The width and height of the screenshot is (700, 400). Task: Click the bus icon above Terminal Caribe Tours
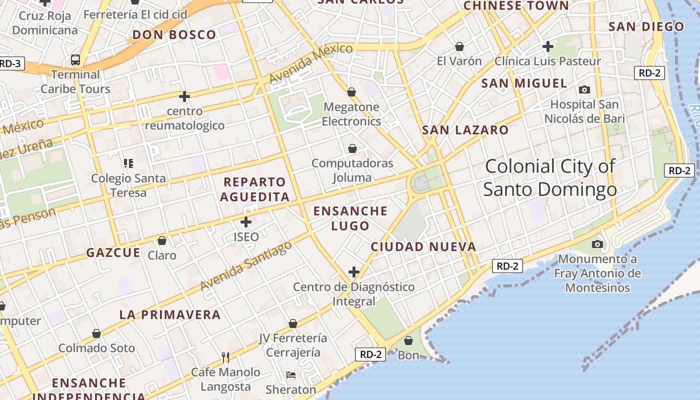[75, 60]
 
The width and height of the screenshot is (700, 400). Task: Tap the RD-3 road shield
[9, 63]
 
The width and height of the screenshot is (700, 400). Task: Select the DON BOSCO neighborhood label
[174, 35]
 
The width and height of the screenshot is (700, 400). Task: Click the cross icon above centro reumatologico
[184, 96]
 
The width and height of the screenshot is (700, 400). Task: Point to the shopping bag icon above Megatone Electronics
[351, 92]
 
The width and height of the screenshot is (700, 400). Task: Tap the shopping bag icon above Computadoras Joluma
[352, 148]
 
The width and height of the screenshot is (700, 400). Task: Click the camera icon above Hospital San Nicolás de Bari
[584, 90]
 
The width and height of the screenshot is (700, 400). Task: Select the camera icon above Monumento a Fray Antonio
[597, 244]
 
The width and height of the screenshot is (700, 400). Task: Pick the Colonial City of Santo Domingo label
[550, 177]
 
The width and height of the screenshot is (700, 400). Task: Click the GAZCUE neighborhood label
[113, 253]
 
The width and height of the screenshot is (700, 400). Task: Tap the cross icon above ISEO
[246, 222]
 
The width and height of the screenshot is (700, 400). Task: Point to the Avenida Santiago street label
[245, 266]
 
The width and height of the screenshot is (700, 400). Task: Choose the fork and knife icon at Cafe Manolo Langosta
[225, 357]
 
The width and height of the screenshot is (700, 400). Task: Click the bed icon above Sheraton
[291, 375]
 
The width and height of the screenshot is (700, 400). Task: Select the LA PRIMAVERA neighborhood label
[170, 314]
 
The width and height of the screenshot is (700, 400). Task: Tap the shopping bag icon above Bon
[408, 341]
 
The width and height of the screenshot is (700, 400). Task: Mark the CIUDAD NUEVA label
[423, 246]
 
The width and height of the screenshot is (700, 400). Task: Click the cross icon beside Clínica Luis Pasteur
[548, 46]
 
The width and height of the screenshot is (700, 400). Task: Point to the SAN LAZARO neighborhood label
[465, 130]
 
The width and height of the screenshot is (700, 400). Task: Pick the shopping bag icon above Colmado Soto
[96, 333]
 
